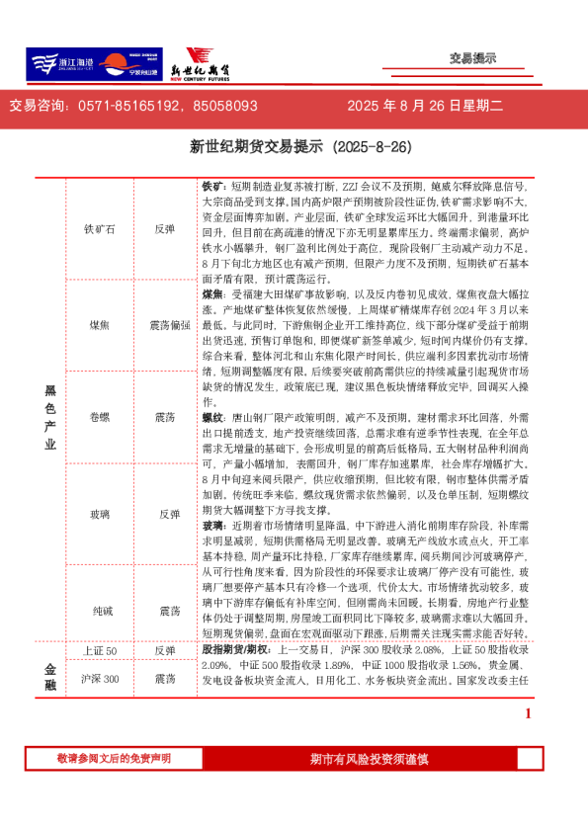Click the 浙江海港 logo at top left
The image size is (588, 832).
tap(61, 64)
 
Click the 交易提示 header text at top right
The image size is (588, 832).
tap(472, 58)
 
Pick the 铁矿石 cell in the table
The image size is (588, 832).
tap(100, 228)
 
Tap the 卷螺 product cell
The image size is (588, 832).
tap(100, 418)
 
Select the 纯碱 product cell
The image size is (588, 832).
tap(100, 612)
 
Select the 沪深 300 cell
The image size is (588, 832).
tap(100, 706)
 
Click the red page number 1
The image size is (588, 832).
tap(529, 741)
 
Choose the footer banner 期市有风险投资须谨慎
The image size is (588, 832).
tap(369, 759)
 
